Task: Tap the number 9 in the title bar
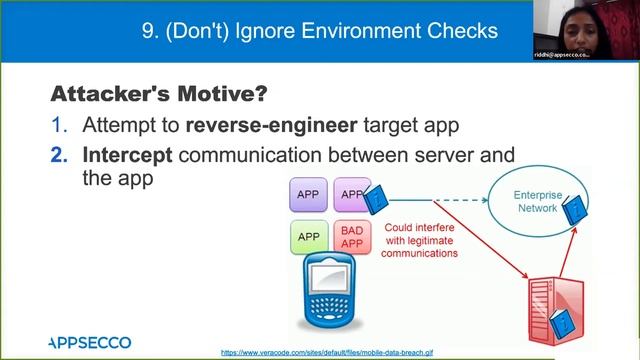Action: click(x=148, y=31)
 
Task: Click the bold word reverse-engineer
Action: click(x=260, y=128)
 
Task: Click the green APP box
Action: click(x=309, y=237)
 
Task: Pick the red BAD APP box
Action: click(x=351, y=237)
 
